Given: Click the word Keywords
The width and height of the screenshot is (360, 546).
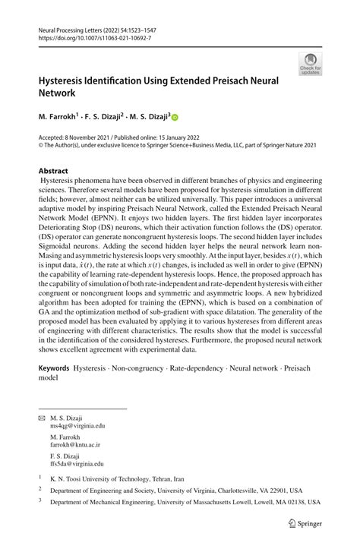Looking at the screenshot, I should (x=54, y=368).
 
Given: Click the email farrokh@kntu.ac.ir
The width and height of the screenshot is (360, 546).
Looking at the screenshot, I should (x=75, y=445).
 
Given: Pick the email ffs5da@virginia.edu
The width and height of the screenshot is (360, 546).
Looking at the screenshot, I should (x=77, y=463).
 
